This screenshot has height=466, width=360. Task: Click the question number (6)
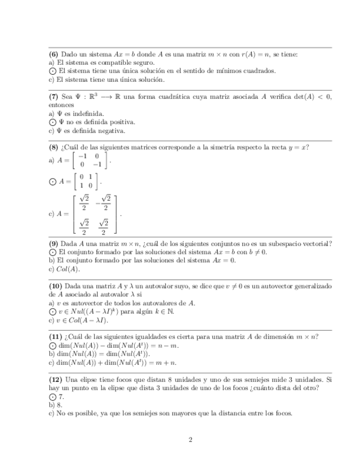click(x=53, y=54)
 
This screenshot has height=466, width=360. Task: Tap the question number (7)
click(x=53, y=97)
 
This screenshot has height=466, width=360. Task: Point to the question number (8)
click(x=53, y=147)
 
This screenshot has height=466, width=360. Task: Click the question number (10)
click(x=55, y=287)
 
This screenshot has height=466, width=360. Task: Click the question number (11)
click(x=55, y=337)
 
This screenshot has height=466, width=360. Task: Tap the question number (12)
click(x=55, y=380)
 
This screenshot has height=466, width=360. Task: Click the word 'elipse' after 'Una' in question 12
click(x=90, y=380)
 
